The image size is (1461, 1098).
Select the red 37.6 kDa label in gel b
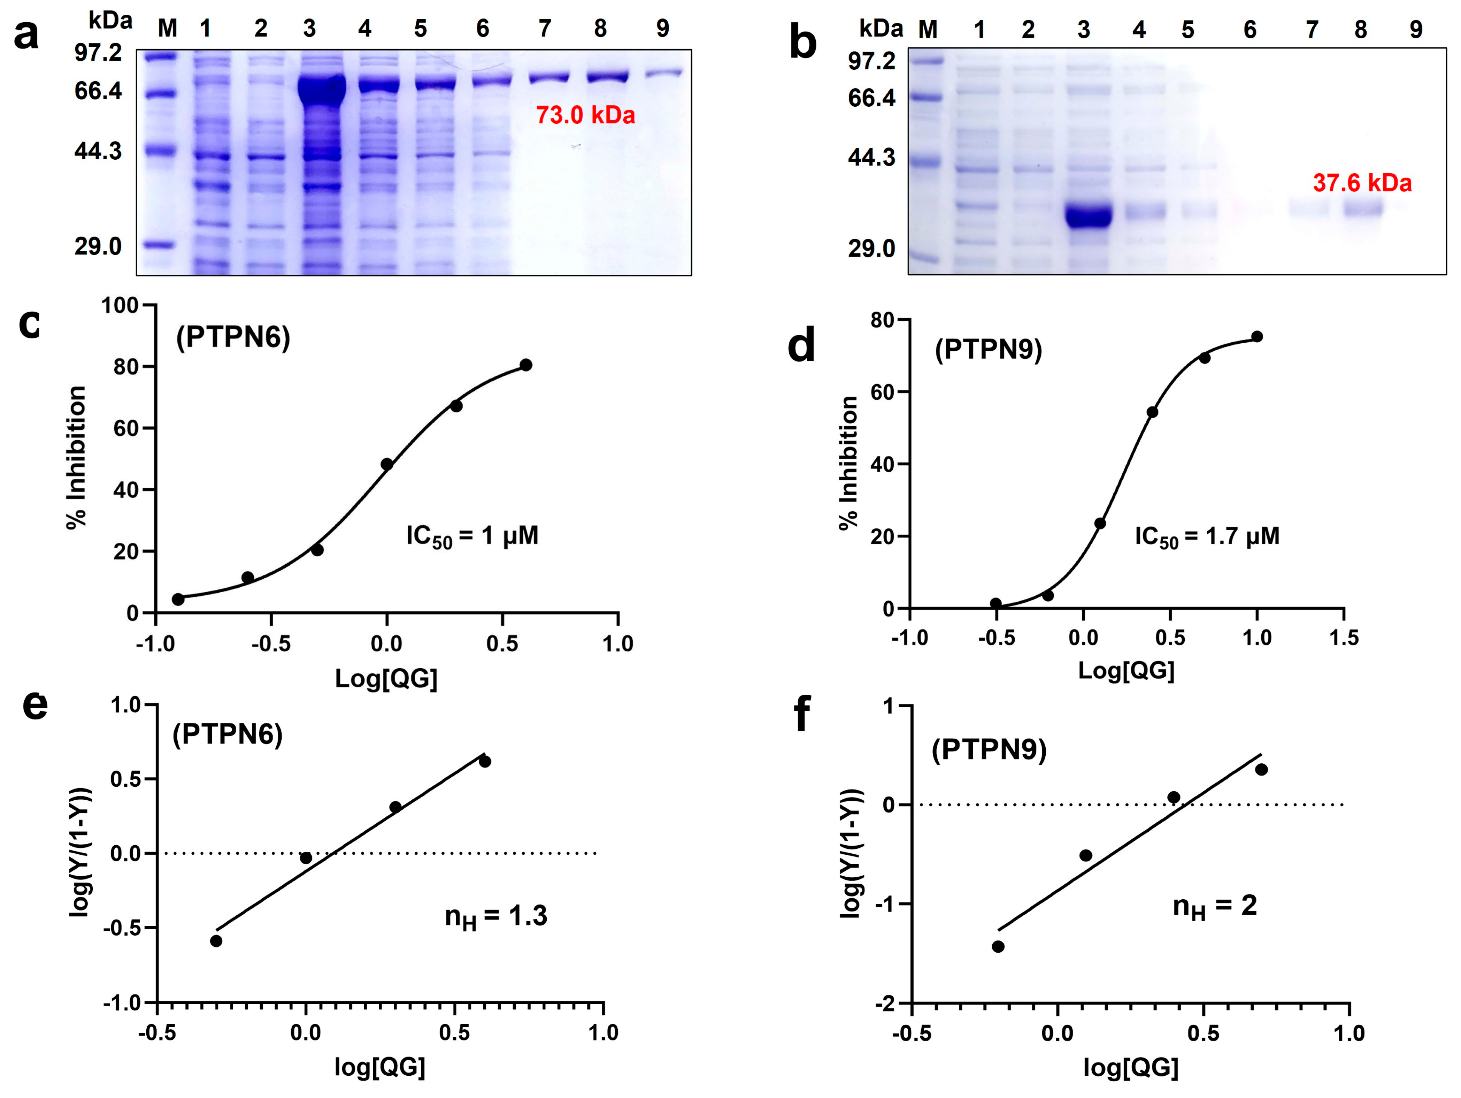click(x=1362, y=183)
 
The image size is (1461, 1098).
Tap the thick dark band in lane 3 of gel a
click(x=322, y=91)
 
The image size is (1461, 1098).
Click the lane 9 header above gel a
click(x=662, y=28)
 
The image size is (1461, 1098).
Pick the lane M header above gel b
click(x=928, y=30)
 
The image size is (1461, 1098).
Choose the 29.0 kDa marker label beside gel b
click(x=872, y=249)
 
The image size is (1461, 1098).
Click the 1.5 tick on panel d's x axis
click(x=1344, y=638)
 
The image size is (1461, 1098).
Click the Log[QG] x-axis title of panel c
click(x=386, y=678)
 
